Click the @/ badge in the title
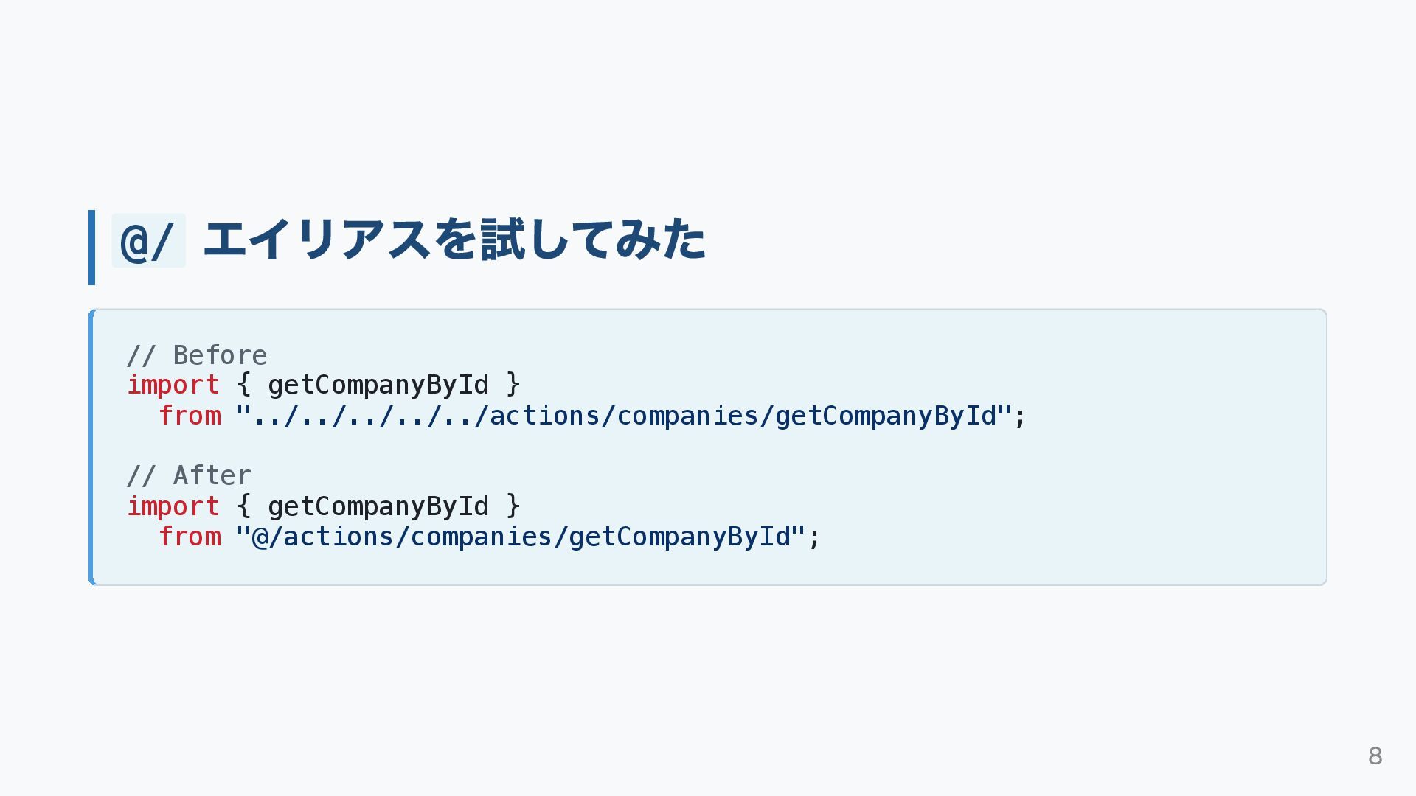147,241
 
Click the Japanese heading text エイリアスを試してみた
454,240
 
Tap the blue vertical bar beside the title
91,248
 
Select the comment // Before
197,356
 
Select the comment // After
189,476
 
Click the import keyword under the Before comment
173,385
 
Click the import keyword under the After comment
173,507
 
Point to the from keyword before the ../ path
190,416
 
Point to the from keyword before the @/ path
190,537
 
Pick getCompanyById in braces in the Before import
378,385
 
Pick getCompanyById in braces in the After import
378,507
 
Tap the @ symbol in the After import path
260,537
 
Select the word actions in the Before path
545,416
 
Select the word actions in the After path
339,537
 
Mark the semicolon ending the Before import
1021,418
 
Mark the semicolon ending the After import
814,539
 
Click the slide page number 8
1375,756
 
